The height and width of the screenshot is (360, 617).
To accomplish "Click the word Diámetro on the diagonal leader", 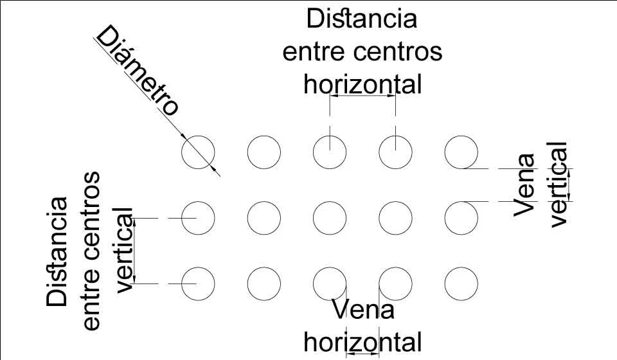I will (x=137, y=71).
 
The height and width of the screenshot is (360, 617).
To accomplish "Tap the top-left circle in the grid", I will (x=198, y=152).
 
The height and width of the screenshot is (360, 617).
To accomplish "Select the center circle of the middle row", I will (x=330, y=218).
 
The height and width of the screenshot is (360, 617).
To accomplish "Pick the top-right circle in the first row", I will (x=461, y=152).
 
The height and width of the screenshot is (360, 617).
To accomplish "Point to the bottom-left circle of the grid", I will (x=198, y=283).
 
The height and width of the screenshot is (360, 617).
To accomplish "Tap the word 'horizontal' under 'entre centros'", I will (x=362, y=84).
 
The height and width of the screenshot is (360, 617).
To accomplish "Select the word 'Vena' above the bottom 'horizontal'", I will (x=362, y=311).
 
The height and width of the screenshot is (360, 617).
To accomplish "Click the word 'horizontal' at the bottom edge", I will (x=362, y=341).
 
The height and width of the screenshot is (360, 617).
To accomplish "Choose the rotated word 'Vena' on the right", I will (x=526, y=184).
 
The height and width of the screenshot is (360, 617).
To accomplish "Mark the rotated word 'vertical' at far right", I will (x=559, y=184).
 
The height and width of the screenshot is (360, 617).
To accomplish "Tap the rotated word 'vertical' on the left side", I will (x=123, y=249).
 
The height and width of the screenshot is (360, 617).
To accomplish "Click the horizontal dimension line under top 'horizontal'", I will (x=362, y=96).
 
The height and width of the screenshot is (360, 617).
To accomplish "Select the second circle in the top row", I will (x=264, y=152).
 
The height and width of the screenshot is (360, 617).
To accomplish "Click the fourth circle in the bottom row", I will (x=395, y=283).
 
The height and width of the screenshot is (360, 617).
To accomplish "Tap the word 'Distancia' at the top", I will (x=362, y=19).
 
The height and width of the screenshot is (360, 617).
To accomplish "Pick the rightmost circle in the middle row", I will (x=461, y=218).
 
